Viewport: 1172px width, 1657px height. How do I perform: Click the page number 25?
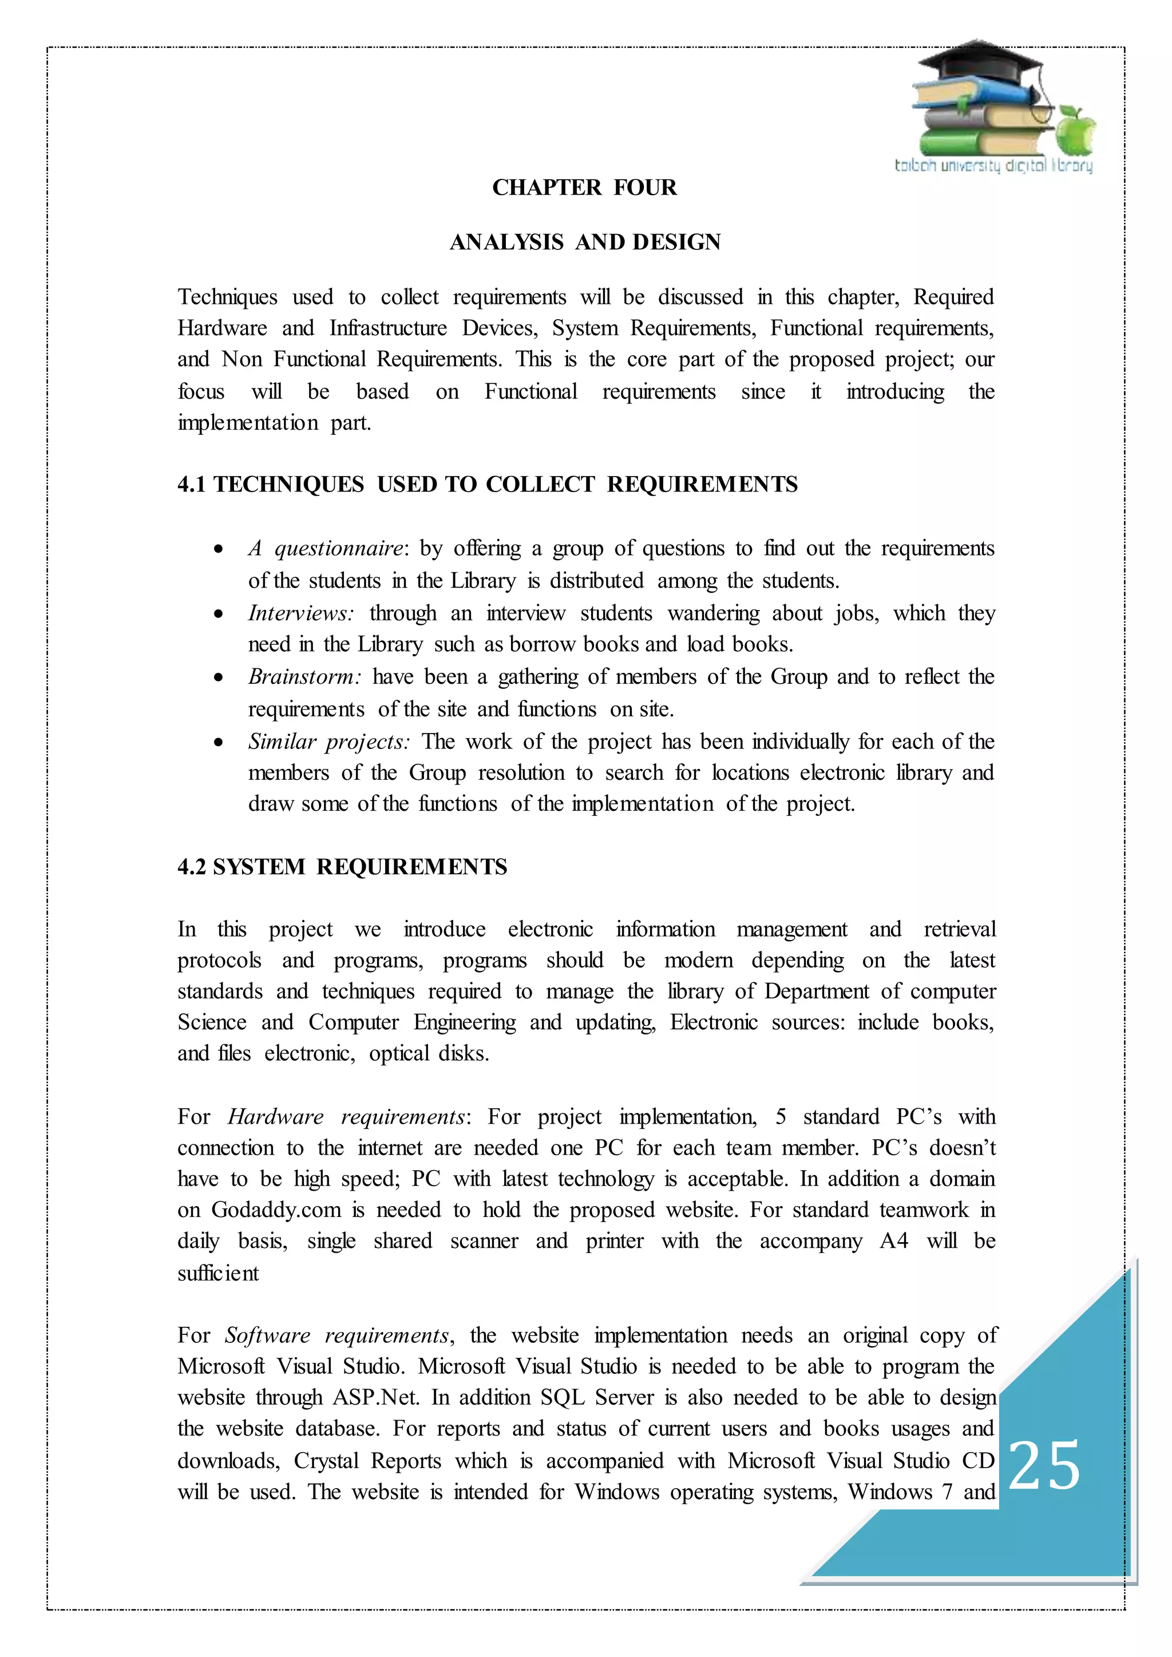click(x=1044, y=1464)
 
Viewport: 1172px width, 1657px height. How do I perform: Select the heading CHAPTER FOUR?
click(x=584, y=188)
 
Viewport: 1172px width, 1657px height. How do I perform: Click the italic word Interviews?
click(x=300, y=613)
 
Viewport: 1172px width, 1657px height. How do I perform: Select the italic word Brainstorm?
click(x=304, y=677)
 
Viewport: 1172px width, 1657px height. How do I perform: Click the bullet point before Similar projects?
click(x=219, y=742)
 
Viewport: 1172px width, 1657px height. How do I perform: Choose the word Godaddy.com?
click(x=276, y=1210)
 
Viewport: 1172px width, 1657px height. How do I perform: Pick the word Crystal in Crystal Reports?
click(x=326, y=1461)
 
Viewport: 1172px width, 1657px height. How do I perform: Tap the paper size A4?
click(x=893, y=1241)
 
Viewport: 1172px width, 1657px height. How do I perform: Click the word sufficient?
click(x=218, y=1273)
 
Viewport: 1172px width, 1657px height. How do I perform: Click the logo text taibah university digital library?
click(x=993, y=166)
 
